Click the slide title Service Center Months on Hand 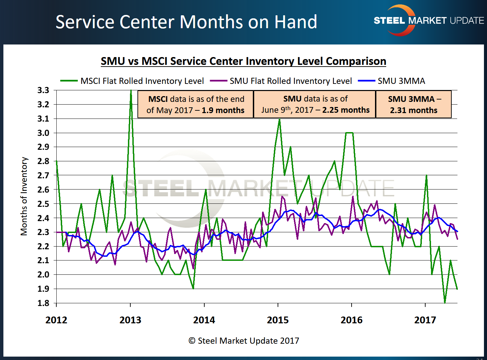click(186, 22)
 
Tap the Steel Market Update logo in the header click(428, 21)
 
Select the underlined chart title click(243, 61)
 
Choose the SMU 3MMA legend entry click(401, 81)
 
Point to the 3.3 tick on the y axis click(43, 90)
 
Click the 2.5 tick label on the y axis click(43, 204)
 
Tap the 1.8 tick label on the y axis click(43, 303)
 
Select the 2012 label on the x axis click(56, 320)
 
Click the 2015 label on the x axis click(278, 320)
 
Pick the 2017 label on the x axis click(425, 320)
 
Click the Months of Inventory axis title click(24, 196)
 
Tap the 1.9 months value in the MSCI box click(223, 110)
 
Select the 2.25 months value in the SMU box click(346, 110)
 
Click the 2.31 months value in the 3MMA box click(413, 110)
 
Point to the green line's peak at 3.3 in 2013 click(131, 91)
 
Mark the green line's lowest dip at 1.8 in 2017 click(445, 302)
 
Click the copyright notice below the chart click(244, 341)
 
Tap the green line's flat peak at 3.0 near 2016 click(349, 133)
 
